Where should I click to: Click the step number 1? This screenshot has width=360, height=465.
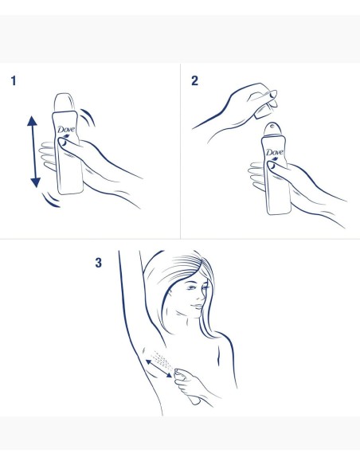[14, 81]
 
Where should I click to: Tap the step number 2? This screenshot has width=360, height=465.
[195, 81]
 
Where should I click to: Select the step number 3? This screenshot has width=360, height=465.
[99, 262]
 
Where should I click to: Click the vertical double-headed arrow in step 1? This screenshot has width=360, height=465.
[34, 151]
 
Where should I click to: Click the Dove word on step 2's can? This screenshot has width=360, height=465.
[274, 151]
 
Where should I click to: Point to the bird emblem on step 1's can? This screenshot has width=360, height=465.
[65, 139]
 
